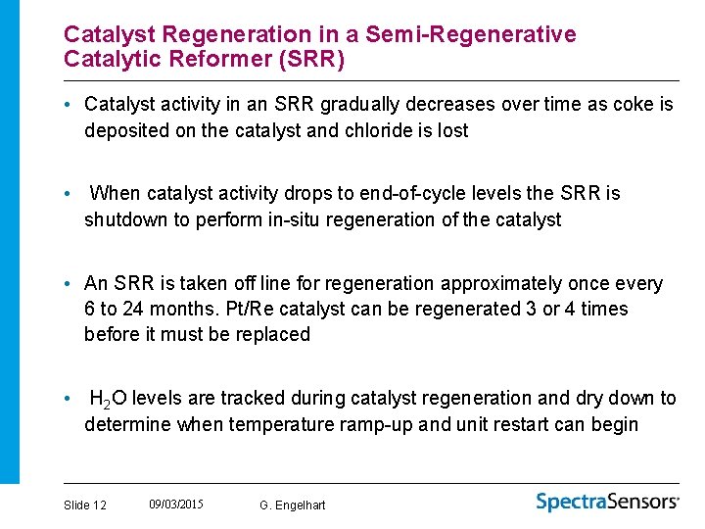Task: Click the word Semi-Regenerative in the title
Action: (471, 34)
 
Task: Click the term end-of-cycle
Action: (436, 193)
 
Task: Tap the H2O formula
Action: (108, 399)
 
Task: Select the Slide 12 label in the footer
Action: (85, 505)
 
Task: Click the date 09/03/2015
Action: (176, 504)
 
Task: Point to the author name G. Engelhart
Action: (293, 505)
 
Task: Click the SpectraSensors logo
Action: (607, 502)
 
